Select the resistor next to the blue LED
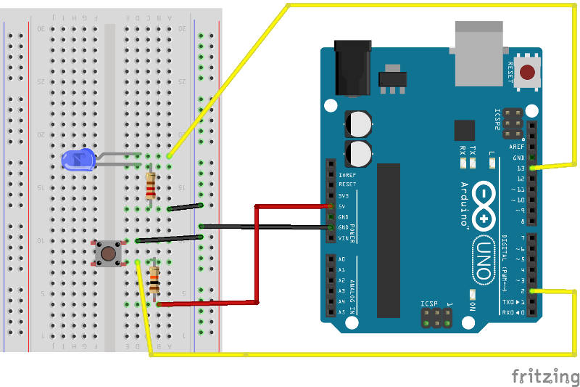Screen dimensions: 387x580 point(150,186)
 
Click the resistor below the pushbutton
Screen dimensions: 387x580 point(154,280)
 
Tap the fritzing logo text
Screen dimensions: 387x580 point(545,376)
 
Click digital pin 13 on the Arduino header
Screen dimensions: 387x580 point(533,168)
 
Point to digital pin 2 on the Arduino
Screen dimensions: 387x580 point(533,291)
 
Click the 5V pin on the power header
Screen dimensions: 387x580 point(331,207)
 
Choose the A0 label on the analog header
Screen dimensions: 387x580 point(341,259)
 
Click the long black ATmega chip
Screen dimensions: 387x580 point(388,240)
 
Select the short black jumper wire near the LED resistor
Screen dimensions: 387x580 point(185,207)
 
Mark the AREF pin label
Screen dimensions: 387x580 point(517,147)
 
